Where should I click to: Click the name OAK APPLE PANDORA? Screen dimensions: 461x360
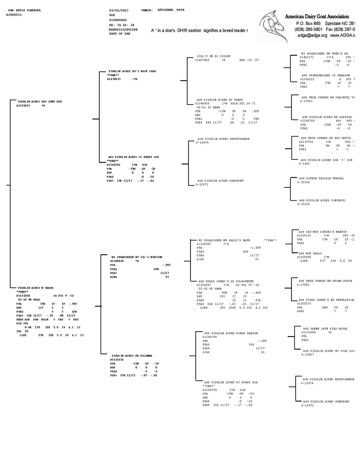click(x=24, y=10)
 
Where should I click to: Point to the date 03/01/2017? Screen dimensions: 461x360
click(x=119, y=10)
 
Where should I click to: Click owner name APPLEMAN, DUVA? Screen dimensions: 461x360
click(x=171, y=10)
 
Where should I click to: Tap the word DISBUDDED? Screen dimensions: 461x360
click(x=118, y=19)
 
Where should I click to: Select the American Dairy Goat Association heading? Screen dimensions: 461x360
click(x=320, y=17)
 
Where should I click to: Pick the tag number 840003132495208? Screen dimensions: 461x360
click(x=123, y=30)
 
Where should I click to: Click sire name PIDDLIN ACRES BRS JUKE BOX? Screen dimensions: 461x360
click(x=40, y=101)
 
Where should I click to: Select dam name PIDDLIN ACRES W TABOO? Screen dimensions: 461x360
click(x=36, y=287)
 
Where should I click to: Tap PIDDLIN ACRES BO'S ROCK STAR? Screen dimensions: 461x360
click(x=132, y=71)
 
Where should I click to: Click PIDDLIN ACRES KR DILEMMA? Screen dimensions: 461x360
click(x=132, y=356)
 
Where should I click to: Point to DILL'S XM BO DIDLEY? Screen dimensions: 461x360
click(x=214, y=56)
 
